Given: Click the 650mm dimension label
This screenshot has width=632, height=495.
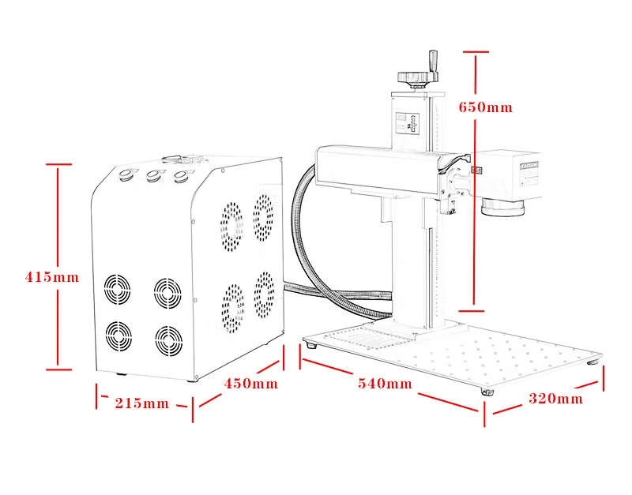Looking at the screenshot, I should [x=486, y=107].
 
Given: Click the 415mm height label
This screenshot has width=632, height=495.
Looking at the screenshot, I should [x=52, y=277].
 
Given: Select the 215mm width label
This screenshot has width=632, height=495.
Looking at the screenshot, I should [x=142, y=403].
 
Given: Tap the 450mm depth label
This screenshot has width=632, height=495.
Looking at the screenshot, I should [x=251, y=384].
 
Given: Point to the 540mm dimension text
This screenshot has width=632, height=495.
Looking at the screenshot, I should [x=386, y=384].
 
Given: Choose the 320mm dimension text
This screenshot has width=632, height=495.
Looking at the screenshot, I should [x=556, y=399].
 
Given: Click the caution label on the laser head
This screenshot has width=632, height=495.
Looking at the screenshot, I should [x=529, y=165].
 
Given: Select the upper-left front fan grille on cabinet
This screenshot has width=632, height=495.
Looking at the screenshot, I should [x=118, y=290].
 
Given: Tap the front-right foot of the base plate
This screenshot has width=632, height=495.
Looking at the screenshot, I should [x=486, y=392].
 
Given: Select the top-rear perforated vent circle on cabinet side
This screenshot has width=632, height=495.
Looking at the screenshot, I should [x=263, y=213].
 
